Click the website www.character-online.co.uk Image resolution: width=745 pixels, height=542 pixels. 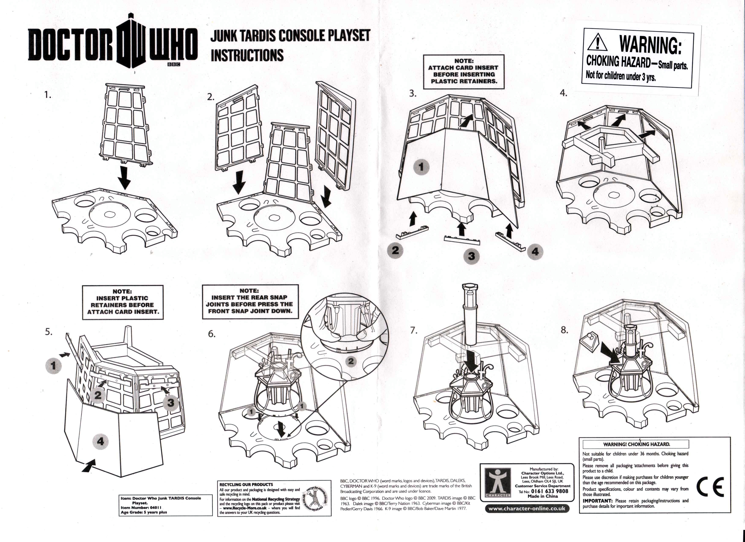point(527,508)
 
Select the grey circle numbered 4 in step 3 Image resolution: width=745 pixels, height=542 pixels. point(535,252)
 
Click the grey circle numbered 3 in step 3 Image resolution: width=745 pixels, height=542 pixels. point(471,256)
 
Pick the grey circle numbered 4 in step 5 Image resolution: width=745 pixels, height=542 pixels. point(100,441)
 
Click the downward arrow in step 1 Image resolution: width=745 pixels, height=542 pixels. point(124,178)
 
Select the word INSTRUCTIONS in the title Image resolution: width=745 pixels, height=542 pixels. point(247,55)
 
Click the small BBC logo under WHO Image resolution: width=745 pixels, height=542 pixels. point(174,64)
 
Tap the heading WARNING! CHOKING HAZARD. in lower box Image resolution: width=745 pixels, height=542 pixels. point(636,444)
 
